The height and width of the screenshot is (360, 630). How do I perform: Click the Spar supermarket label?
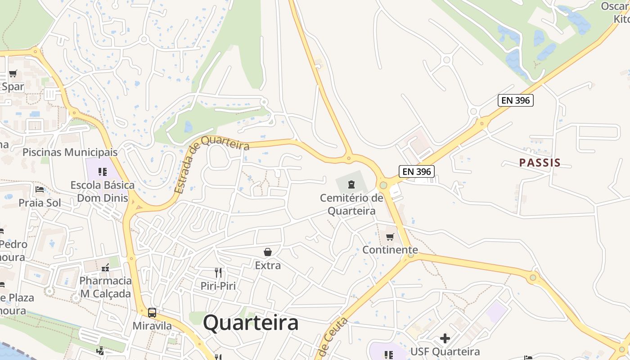pyautogui.click(x=13, y=87)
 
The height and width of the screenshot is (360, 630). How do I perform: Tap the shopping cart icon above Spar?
pyautogui.click(x=13, y=73)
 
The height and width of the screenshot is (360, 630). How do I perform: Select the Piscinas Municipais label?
pyautogui.click(x=70, y=152)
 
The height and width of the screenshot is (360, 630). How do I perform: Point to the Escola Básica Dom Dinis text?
pyautogui.click(x=103, y=192)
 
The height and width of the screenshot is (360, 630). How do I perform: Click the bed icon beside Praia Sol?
pyautogui.click(x=40, y=189)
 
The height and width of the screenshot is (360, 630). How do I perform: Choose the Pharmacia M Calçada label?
pyautogui.click(x=106, y=287)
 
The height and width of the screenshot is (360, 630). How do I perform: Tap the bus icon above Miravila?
pyautogui.click(x=152, y=312)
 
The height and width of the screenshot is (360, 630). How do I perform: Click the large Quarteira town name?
pyautogui.click(x=251, y=323)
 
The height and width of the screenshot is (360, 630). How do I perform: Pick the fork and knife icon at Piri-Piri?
pyautogui.click(x=218, y=272)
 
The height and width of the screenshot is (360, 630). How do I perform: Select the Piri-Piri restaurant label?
pyautogui.click(x=218, y=286)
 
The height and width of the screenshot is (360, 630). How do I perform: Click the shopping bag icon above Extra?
pyautogui.click(x=268, y=252)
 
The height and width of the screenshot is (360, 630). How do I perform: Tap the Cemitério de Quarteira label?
pyautogui.click(x=351, y=204)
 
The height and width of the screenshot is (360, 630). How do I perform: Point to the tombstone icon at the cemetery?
pyautogui.click(x=351, y=184)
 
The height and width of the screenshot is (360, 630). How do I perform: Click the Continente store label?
pyautogui.click(x=390, y=250)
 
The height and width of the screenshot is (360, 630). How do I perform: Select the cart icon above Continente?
pyautogui.click(x=390, y=237)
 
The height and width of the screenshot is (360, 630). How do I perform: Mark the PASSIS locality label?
pyautogui.click(x=540, y=163)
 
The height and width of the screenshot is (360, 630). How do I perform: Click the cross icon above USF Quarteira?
pyautogui.click(x=445, y=338)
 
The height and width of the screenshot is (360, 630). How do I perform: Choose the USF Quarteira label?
pyautogui.click(x=445, y=351)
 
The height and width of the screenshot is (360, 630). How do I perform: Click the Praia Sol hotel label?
pyautogui.click(x=40, y=203)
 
